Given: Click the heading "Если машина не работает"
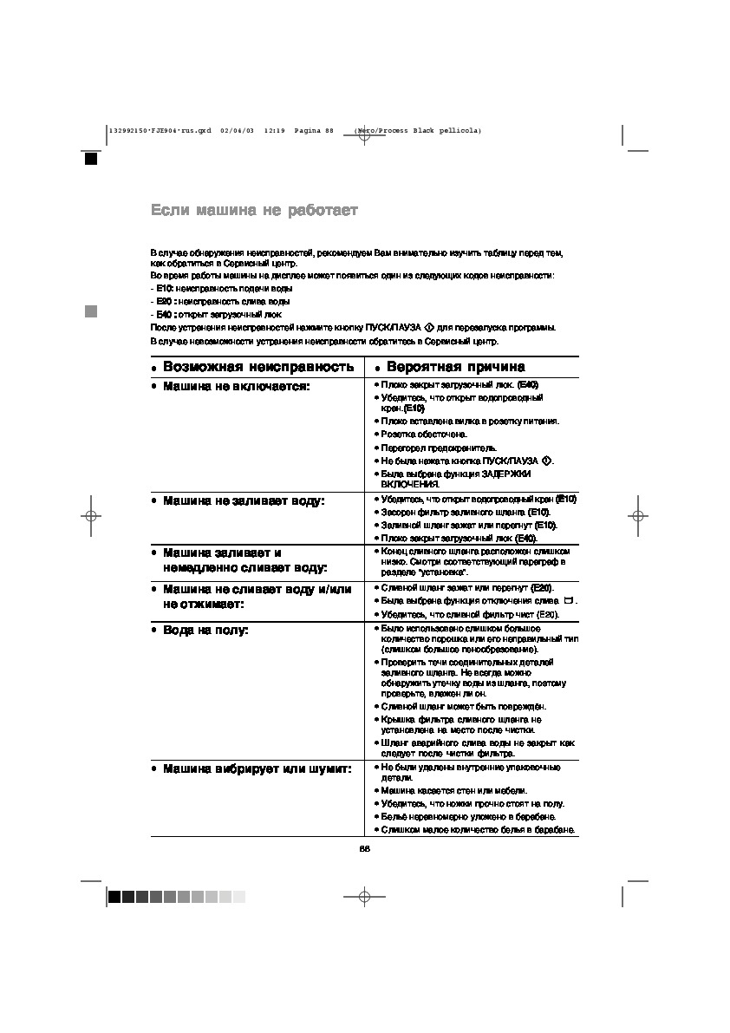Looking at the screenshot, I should point(254,210).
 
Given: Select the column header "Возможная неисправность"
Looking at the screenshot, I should point(258,367).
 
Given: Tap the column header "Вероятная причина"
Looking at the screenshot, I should point(455,367).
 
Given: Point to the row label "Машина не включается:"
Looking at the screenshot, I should point(236,386).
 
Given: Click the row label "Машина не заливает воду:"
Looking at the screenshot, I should point(243,501).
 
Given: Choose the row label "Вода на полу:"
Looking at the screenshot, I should point(205,630).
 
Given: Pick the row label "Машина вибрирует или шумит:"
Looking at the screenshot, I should point(257,768).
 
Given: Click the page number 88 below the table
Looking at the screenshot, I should point(365,848).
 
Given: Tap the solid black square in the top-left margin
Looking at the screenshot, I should point(90,159).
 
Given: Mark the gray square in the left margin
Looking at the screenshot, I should point(90,311).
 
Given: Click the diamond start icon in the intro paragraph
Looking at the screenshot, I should point(428,327).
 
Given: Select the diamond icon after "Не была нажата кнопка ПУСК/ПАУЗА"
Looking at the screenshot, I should point(546,460).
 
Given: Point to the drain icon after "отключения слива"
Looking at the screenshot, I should point(568,600).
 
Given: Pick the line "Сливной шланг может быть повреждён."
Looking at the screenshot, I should point(463,707).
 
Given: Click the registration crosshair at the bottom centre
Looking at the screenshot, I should point(365,897).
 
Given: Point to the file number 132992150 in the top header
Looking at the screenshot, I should point(128,131).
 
